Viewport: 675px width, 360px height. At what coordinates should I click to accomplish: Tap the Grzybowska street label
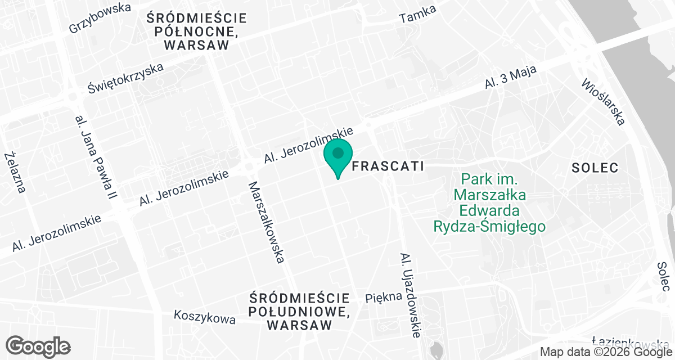pos(100,17)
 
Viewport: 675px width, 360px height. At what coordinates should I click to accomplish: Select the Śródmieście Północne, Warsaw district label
pos(196,31)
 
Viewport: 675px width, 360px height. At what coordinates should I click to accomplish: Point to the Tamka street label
pos(418,16)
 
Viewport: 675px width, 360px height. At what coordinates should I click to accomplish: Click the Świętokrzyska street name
pos(126,78)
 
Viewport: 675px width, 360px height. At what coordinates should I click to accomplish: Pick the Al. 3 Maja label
pos(511,78)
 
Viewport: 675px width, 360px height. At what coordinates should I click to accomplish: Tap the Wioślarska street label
pos(604,101)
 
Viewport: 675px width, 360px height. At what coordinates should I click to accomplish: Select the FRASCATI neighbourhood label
pos(386,166)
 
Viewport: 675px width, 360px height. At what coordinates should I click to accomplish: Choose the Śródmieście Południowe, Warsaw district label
pos(300,311)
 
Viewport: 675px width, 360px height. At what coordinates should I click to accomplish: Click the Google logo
pos(38,346)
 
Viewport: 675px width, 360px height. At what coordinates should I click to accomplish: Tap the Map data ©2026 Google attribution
pos(605,352)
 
